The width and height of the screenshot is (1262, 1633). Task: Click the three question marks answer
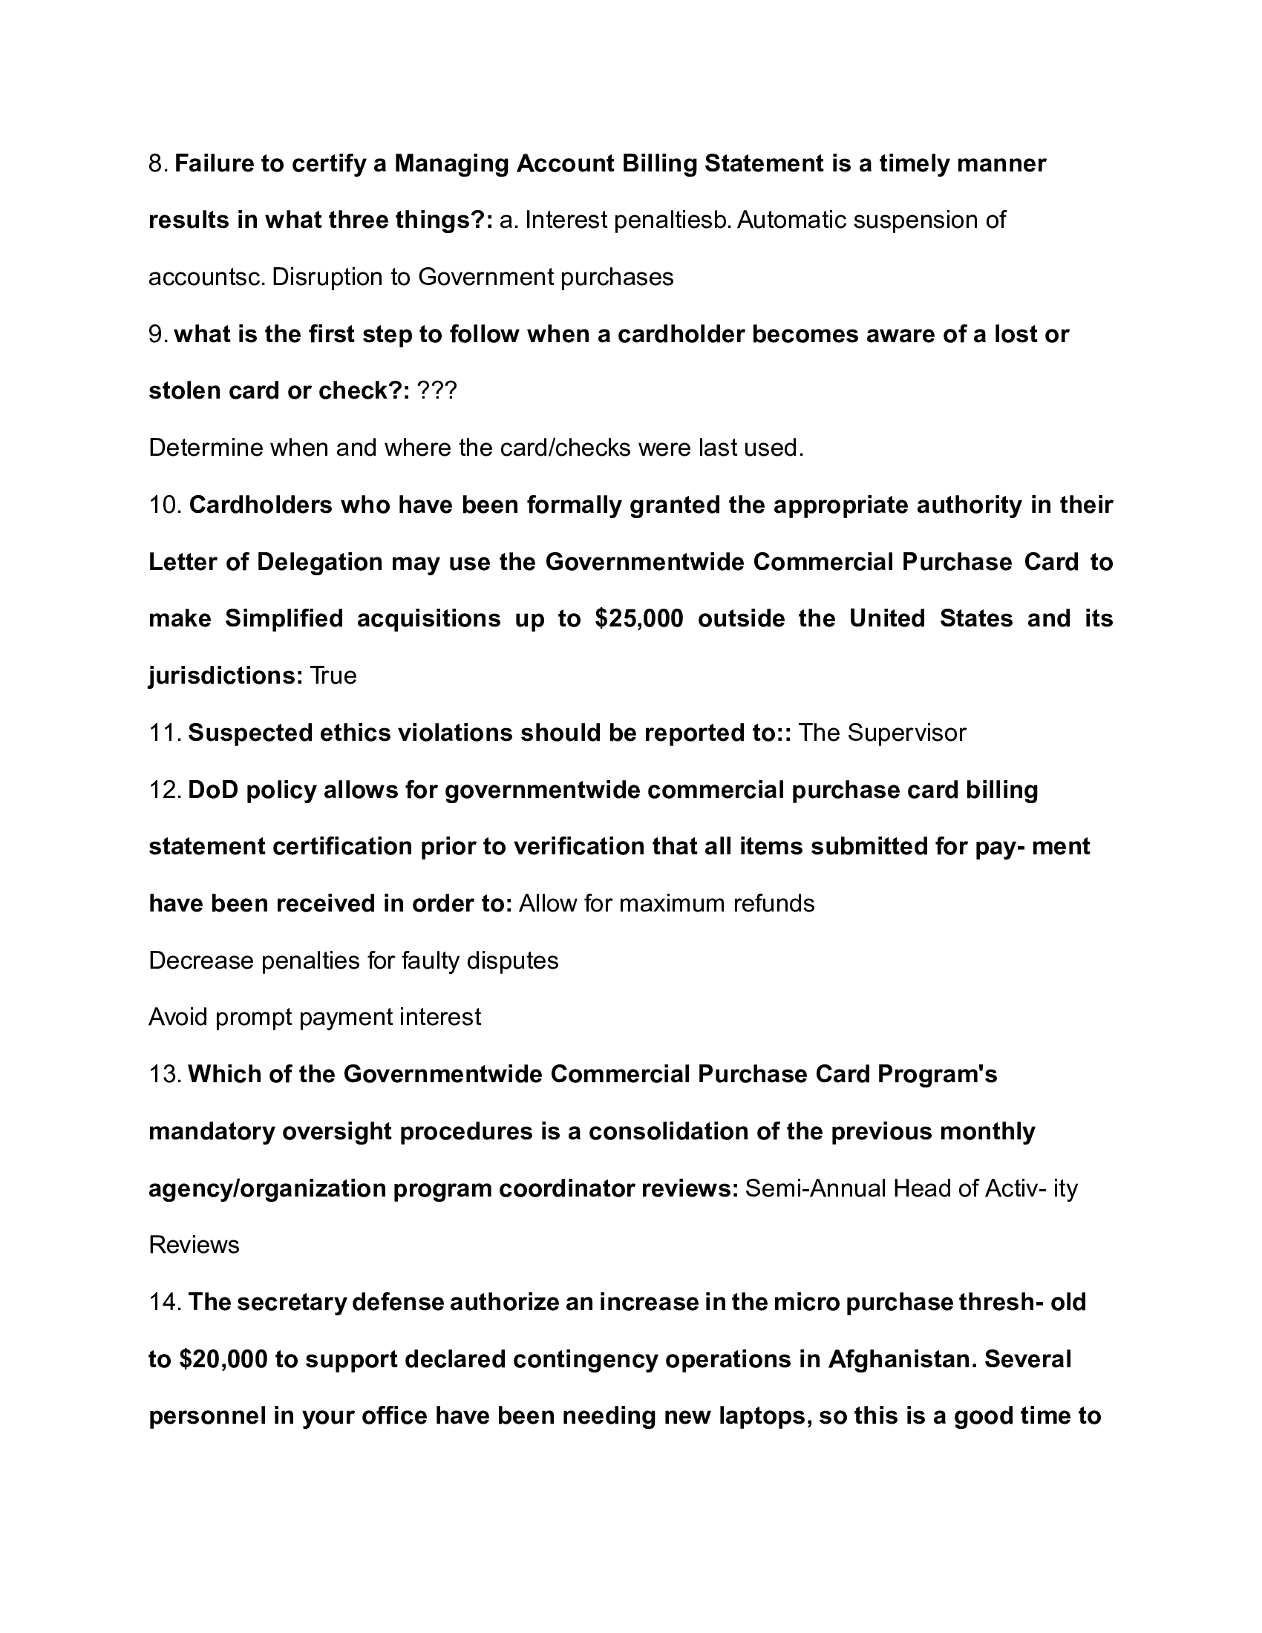coord(437,390)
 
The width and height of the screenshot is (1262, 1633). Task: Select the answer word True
coord(333,675)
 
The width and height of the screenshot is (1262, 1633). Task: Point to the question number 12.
coord(165,790)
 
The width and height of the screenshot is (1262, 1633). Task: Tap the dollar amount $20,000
coord(223,1358)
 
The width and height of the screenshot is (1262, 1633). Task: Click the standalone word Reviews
coord(194,1245)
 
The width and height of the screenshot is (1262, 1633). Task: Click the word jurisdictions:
coord(225,675)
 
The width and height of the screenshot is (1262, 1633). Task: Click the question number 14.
coord(165,1302)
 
